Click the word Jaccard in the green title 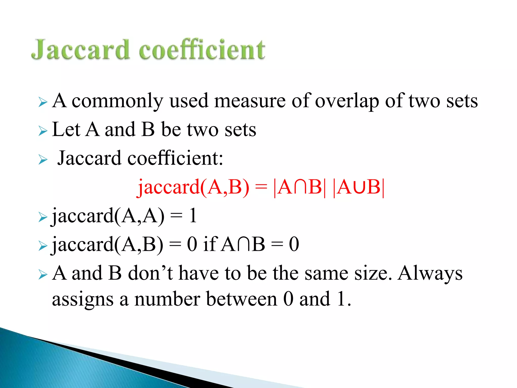80,50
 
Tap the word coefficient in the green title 202,50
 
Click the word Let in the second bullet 66,130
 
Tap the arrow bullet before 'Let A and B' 43,131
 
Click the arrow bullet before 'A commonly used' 43,102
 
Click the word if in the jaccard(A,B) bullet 210,244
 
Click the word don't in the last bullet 150,273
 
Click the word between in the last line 242,299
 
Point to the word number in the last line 167,299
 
